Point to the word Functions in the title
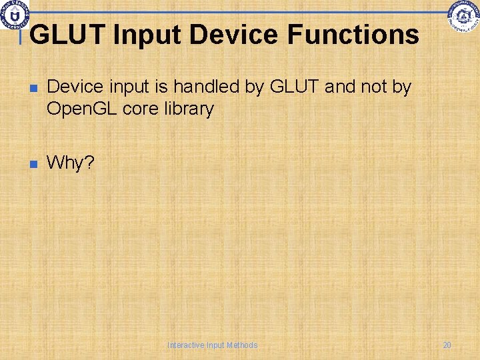click(x=355, y=35)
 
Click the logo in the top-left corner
click(x=14, y=13)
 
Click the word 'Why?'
click(x=71, y=163)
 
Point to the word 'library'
click(x=189, y=109)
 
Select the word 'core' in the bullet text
click(x=140, y=109)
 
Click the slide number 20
click(x=447, y=345)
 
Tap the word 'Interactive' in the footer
click(x=186, y=345)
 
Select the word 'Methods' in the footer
click(x=242, y=345)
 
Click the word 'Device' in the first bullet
click(x=74, y=87)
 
